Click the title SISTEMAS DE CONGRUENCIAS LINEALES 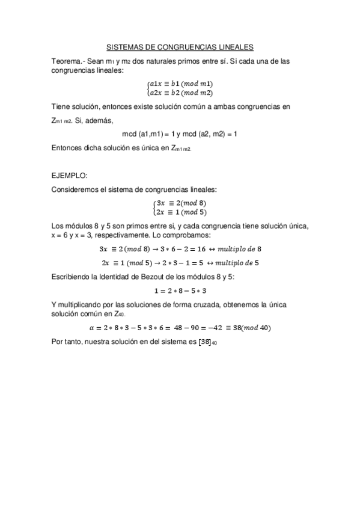180,46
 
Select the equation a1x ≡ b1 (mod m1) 180,84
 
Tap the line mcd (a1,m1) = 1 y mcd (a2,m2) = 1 180,134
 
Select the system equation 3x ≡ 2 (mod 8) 180,203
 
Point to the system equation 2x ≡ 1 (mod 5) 180,212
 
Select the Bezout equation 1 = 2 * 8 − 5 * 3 180,290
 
